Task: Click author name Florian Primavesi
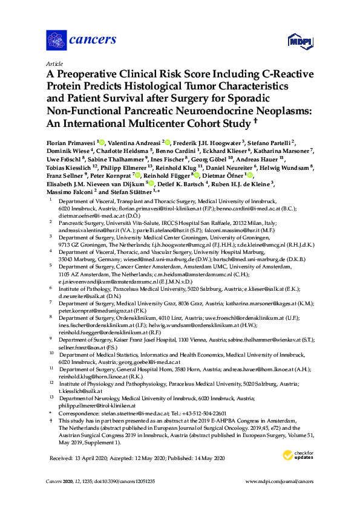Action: tap(70, 141)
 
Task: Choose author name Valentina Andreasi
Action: tap(134, 141)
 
